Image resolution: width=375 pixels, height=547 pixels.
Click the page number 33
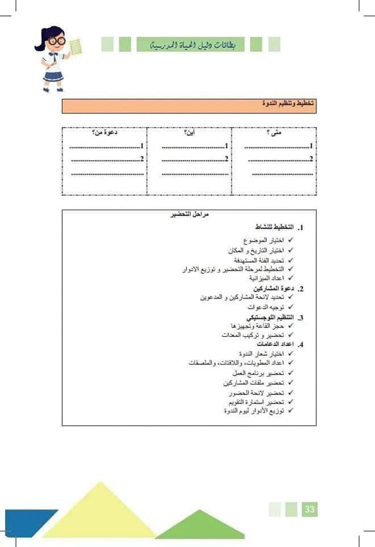tap(310, 509)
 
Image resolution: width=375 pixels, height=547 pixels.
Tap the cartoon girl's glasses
tap(56, 41)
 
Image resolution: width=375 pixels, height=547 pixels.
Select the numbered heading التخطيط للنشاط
tap(273, 227)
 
